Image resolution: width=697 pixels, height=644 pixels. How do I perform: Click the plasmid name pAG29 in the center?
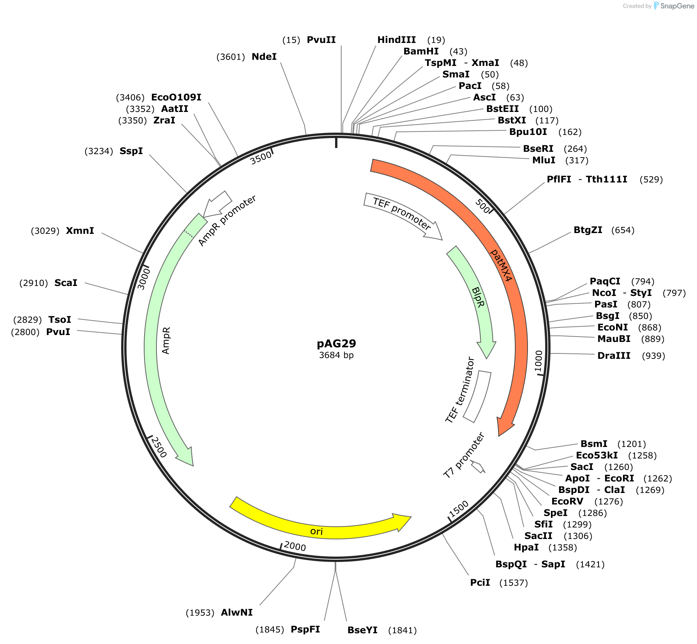pyautogui.click(x=336, y=343)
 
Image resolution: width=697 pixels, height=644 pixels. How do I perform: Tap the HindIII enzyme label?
pyautogui.click(x=396, y=40)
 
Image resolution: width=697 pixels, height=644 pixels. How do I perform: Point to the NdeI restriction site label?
pyautogui.click(x=264, y=57)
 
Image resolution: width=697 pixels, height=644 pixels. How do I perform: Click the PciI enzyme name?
pyautogui.click(x=480, y=583)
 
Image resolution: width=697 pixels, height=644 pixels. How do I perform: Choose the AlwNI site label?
pyautogui.click(x=237, y=613)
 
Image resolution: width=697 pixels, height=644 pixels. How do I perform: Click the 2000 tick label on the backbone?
pyautogui.click(x=295, y=546)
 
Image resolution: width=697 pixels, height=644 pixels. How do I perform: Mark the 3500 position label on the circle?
pyautogui.click(x=261, y=158)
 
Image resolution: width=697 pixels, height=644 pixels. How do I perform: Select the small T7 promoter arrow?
pyautogui.click(x=478, y=467)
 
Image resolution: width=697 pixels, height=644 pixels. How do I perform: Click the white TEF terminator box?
pyautogui.click(x=477, y=397)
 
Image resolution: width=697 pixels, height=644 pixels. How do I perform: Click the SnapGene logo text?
pyautogui.click(x=677, y=6)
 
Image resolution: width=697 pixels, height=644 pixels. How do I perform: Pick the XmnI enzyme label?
pyautogui.click(x=80, y=231)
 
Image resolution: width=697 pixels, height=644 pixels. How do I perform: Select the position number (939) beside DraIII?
pyautogui.click(x=653, y=356)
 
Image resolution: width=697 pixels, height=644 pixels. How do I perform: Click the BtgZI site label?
pyautogui.click(x=588, y=230)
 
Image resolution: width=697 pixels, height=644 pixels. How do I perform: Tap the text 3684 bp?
pyautogui.click(x=336, y=355)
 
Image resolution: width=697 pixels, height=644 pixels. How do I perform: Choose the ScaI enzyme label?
pyautogui.click(x=66, y=283)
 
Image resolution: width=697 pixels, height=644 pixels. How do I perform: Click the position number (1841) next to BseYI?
pyautogui.click(x=402, y=630)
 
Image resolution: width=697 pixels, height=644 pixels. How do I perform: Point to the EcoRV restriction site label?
pyautogui.click(x=567, y=501)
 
